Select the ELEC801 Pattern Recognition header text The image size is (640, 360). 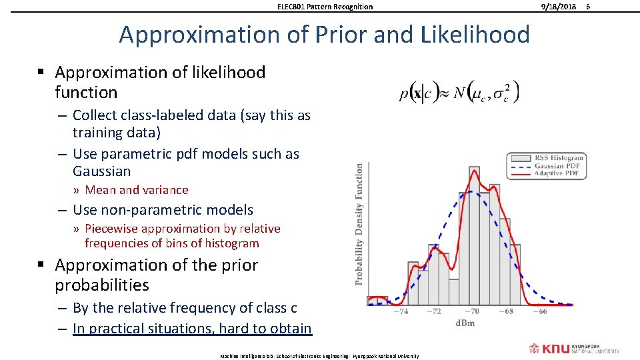pyautogui.click(x=325, y=7)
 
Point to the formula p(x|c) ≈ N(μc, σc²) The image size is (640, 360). pyautogui.click(x=459, y=93)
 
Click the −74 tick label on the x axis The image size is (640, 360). pyautogui.click(x=401, y=311)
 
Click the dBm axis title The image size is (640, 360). pyautogui.click(x=465, y=323)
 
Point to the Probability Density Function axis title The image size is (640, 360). pyautogui.click(x=360, y=224)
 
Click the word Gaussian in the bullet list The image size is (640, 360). pyautogui.click(x=102, y=171)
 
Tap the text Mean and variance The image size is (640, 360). pyautogui.click(x=137, y=190)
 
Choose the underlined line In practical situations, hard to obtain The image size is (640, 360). pyautogui.click(x=192, y=328)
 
